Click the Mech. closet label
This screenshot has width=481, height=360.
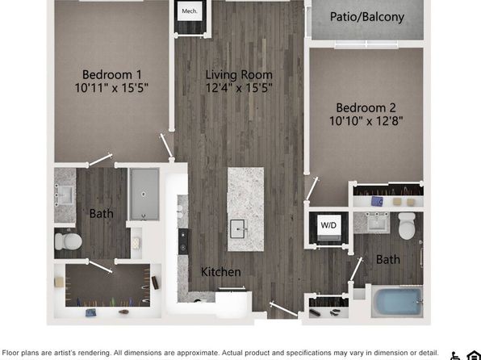click(x=190, y=11)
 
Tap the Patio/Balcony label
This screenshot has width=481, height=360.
click(x=367, y=17)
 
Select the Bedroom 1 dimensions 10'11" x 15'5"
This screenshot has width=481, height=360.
click(x=111, y=88)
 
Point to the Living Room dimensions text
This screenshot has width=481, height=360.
click(x=239, y=88)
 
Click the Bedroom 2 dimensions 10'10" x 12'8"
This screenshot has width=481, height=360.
click(x=366, y=121)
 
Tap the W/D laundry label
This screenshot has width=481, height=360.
click(x=328, y=225)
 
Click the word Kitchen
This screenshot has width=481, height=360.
click(x=221, y=272)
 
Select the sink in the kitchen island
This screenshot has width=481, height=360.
click(x=238, y=228)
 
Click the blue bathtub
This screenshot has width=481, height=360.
click(x=398, y=301)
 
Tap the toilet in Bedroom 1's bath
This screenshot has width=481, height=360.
click(x=68, y=241)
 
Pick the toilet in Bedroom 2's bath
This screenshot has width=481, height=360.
click(x=407, y=226)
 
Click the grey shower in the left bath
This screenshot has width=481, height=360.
click(x=144, y=194)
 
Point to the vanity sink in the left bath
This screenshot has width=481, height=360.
click(x=65, y=195)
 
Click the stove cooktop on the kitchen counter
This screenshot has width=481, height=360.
click(x=183, y=241)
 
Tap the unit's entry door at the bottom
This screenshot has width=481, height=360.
click(x=284, y=309)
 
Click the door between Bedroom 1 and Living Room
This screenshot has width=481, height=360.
click(x=166, y=145)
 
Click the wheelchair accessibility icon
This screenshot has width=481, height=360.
click(x=455, y=355)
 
